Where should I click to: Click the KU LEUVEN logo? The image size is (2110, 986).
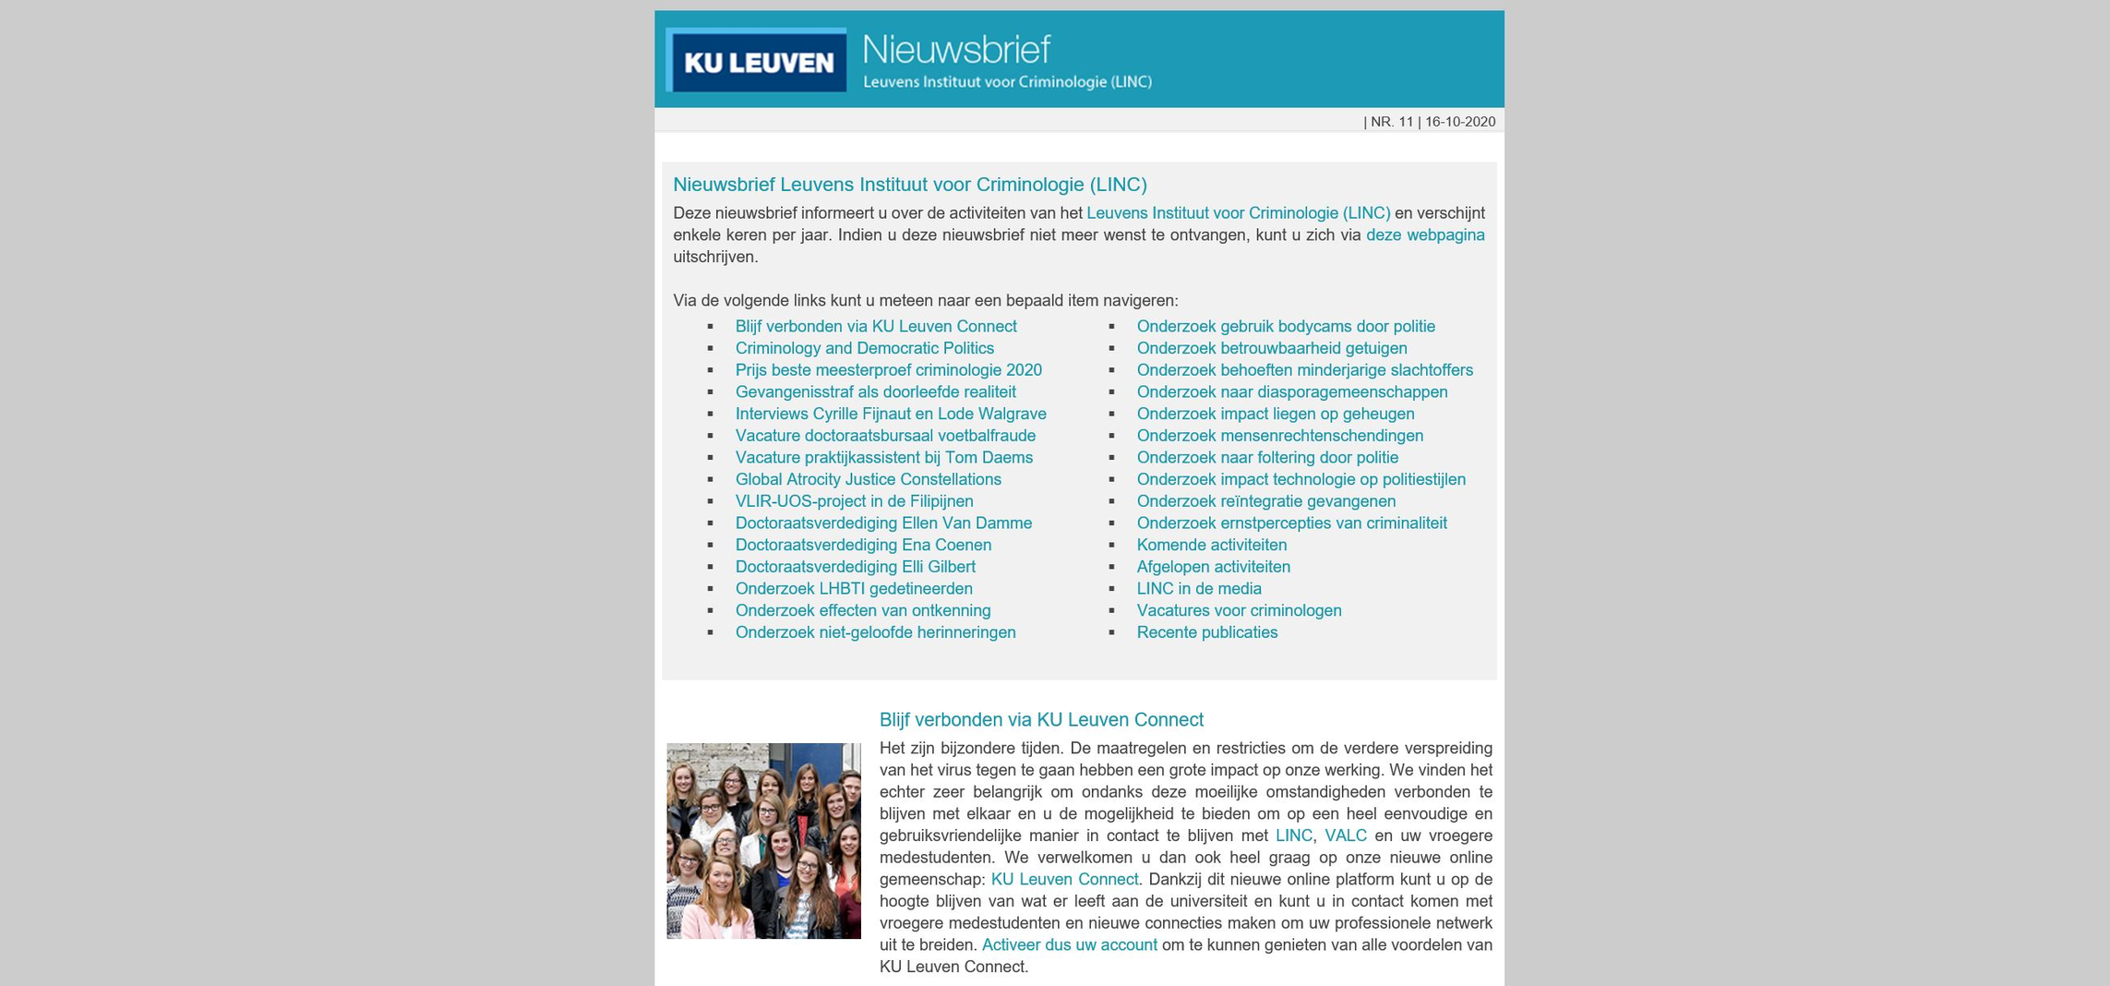click(x=756, y=60)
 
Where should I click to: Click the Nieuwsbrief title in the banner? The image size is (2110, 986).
click(x=955, y=49)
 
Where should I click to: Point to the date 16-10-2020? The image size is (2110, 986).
click(x=1459, y=122)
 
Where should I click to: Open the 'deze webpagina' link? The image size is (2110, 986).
click(x=1424, y=235)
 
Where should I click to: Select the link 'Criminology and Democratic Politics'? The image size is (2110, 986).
click(x=864, y=349)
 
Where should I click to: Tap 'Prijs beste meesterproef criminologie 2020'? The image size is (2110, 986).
click(x=888, y=370)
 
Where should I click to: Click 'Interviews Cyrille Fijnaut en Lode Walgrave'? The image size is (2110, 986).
click(x=890, y=415)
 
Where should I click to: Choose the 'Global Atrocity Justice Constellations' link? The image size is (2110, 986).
click(x=868, y=480)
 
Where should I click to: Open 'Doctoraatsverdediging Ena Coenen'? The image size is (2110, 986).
click(x=863, y=546)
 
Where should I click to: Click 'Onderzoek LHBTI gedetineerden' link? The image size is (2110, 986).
click(x=853, y=589)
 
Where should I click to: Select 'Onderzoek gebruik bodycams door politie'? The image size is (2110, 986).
click(x=1285, y=327)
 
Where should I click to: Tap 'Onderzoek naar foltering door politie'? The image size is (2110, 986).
click(x=1266, y=458)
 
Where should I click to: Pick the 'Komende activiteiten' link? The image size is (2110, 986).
click(x=1211, y=546)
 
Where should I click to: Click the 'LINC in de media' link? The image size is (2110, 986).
click(x=1198, y=589)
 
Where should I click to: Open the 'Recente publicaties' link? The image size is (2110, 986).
click(x=1206, y=632)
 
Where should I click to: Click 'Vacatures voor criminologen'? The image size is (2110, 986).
click(x=1239, y=611)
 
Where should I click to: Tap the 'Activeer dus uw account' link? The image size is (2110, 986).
click(x=1069, y=945)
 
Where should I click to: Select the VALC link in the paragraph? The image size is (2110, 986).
click(x=1345, y=836)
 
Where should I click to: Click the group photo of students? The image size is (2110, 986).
click(x=763, y=841)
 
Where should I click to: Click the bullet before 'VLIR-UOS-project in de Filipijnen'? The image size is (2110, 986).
click(x=711, y=502)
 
